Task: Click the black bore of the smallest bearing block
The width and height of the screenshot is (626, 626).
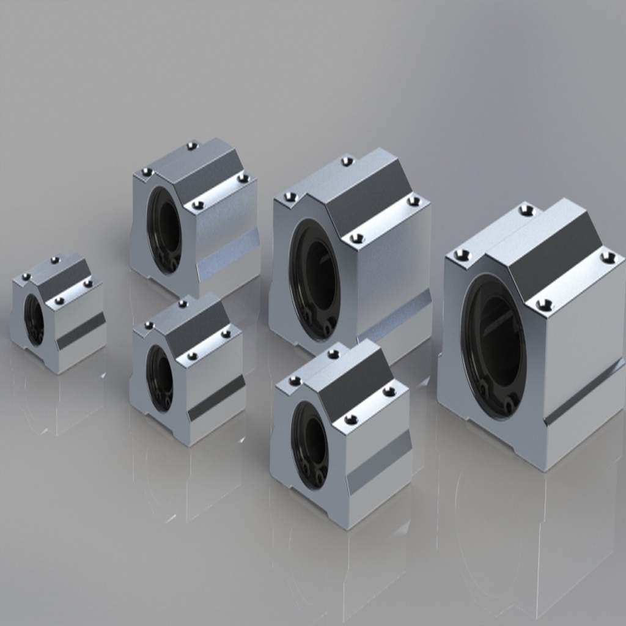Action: tap(34, 319)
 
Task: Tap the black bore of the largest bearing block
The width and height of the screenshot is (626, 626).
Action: tap(494, 346)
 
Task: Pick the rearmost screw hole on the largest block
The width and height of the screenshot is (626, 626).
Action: tap(526, 210)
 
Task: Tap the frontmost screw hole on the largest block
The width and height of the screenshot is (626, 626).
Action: tap(544, 304)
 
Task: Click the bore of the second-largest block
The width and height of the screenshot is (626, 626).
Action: tap(315, 279)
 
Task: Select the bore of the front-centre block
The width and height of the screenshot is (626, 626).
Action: tap(310, 444)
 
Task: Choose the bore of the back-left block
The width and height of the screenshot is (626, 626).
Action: tap(164, 229)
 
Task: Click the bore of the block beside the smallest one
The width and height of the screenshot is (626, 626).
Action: tap(160, 378)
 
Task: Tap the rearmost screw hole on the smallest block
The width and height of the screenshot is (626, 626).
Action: tap(55, 260)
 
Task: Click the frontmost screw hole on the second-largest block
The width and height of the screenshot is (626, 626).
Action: tap(357, 238)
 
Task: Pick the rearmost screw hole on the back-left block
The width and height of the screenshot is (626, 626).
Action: tap(192, 145)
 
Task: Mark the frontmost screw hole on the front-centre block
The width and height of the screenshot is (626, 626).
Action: tap(350, 419)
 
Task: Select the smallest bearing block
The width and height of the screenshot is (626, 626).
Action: tap(58, 315)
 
